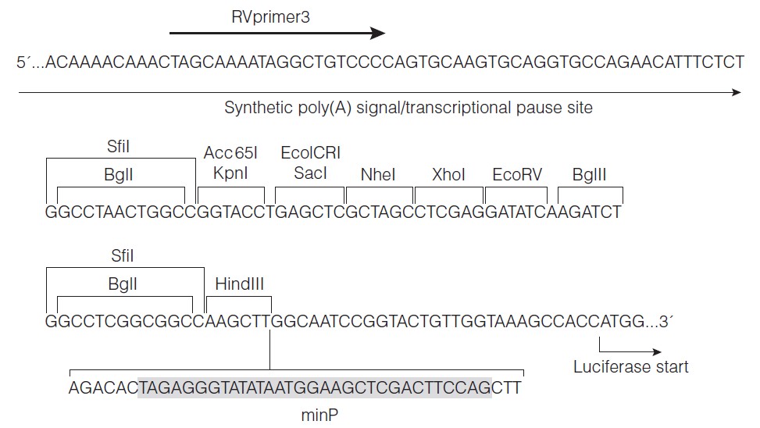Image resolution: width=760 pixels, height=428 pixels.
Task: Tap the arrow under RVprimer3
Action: (x=277, y=33)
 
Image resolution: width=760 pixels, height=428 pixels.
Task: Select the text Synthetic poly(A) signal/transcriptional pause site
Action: (x=408, y=108)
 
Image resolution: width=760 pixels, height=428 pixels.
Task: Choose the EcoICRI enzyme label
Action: (x=310, y=154)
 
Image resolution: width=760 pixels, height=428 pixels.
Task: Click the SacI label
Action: (x=309, y=173)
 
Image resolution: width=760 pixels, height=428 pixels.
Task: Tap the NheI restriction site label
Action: (x=379, y=175)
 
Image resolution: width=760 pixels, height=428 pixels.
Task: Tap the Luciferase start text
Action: (x=631, y=366)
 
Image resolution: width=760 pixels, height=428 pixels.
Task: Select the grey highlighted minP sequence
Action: (x=315, y=387)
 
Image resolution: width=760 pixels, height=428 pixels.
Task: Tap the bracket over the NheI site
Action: (x=379, y=189)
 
